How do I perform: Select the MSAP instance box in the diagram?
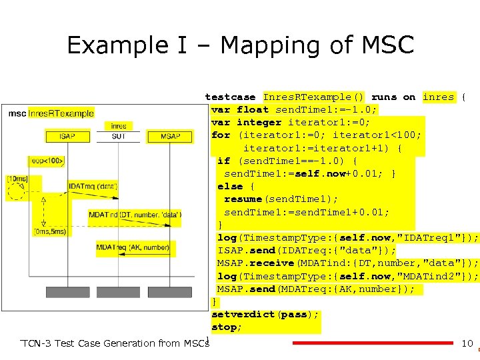[x=170, y=137]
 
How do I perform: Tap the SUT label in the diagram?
[x=119, y=137]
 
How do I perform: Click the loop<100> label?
[x=46, y=161]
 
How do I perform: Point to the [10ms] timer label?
[x=17, y=179]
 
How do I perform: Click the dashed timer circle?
[x=15, y=193]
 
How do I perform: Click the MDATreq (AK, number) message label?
[x=133, y=247]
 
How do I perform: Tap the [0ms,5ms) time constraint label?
[x=50, y=231]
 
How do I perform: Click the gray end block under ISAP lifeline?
[x=67, y=292]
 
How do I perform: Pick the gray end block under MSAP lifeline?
[x=170, y=292]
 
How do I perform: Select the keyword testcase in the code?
[x=230, y=97]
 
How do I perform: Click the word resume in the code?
[x=243, y=199]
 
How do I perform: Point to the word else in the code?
[x=230, y=187]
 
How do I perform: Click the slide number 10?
[x=467, y=343]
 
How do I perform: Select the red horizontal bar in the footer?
[x=373, y=343]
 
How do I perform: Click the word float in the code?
[x=253, y=109]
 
